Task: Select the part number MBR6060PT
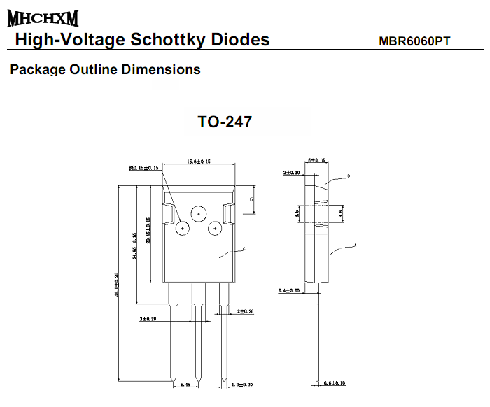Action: coord(414,41)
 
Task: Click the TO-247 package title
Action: coord(224,122)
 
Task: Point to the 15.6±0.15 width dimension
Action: coord(198,162)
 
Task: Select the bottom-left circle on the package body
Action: coord(183,228)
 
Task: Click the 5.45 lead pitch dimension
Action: coord(185,385)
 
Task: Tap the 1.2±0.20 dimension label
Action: coord(241,385)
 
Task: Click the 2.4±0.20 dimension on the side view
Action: coord(289,290)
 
